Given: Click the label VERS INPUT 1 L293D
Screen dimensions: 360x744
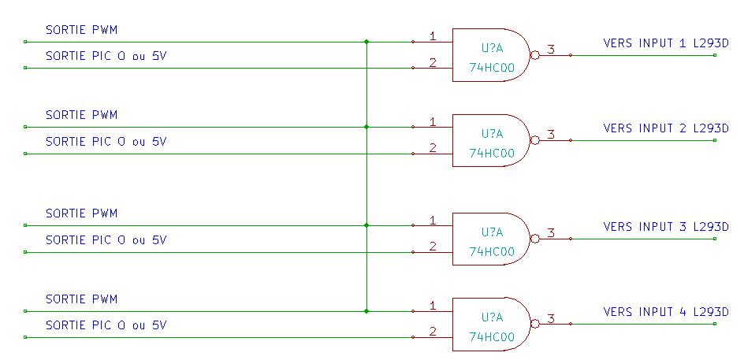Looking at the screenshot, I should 666,43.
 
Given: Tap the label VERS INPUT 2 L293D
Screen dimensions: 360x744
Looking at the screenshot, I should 666,128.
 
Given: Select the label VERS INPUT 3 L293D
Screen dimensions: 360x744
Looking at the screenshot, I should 666,227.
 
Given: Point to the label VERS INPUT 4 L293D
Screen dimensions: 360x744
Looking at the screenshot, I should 666,312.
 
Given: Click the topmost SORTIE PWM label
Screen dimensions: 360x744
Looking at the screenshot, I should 81,30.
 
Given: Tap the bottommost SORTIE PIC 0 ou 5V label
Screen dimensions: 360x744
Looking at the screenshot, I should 106,325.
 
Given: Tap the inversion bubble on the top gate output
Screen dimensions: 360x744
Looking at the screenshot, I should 535,55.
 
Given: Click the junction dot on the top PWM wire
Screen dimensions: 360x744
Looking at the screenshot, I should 366,42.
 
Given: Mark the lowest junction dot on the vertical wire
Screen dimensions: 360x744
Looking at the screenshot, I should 366,311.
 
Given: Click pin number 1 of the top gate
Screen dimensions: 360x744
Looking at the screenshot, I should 433,35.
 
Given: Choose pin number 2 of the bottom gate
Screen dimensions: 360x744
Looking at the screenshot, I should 433,331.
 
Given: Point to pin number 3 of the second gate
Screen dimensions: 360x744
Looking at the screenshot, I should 550,135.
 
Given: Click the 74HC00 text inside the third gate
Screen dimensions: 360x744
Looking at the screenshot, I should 491,251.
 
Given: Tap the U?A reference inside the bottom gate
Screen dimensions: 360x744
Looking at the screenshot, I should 491,317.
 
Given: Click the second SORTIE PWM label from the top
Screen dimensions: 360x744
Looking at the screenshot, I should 81,115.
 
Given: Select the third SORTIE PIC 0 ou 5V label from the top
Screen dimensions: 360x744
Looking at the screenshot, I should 106,239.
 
